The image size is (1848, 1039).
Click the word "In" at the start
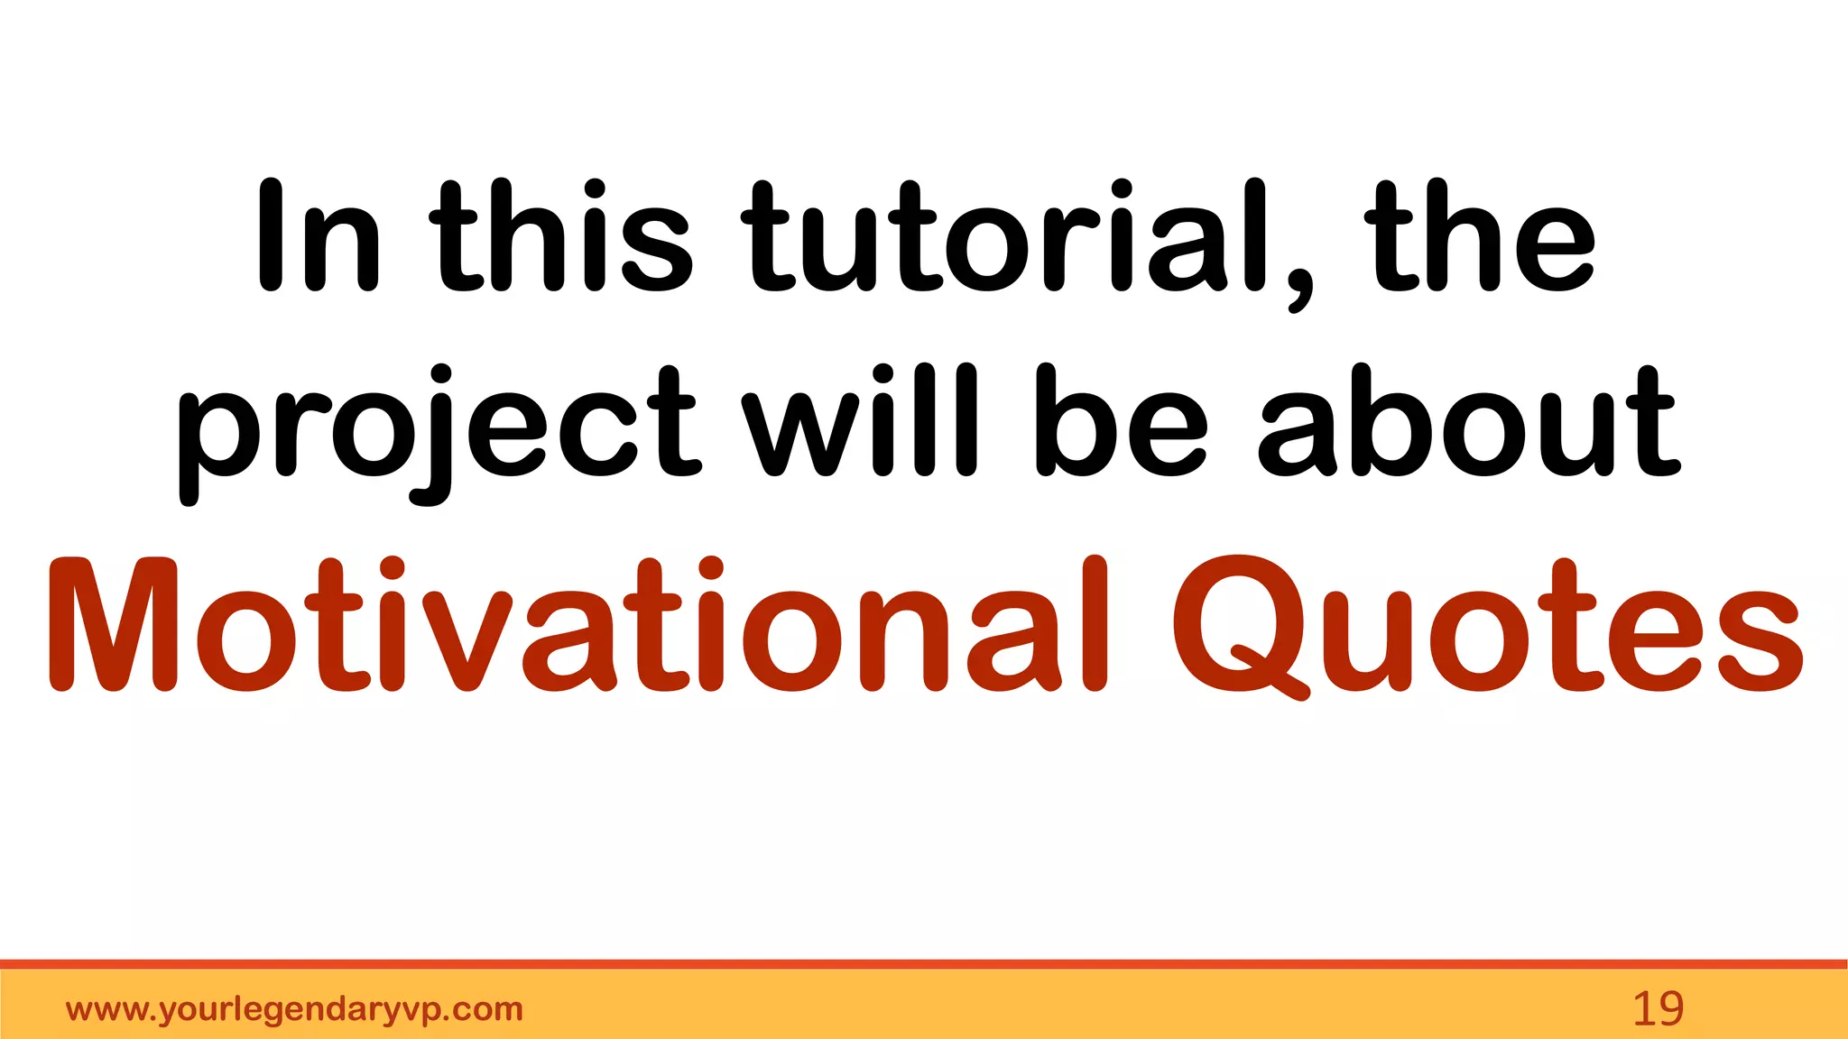pyautogui.click(x=318, y=236)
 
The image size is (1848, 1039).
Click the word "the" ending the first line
pyautogui.click(x=1480, y=236)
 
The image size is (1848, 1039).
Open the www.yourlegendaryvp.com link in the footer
pyautogui.click(x=294, y=1009)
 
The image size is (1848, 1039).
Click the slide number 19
pyautogui.click(x=1658, y=1009)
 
